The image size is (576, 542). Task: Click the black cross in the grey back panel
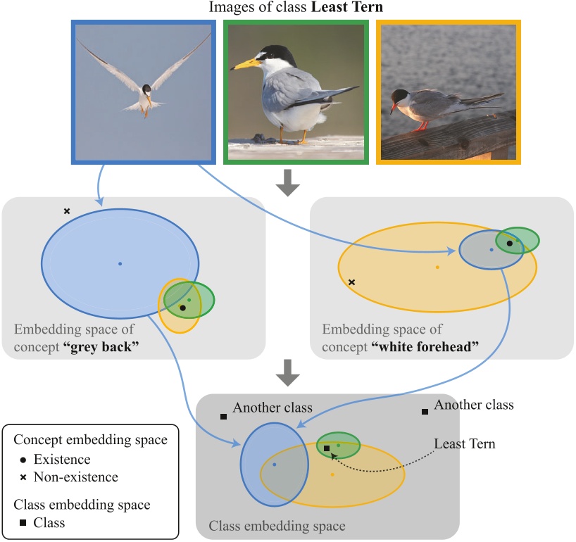click(x=67, y=211)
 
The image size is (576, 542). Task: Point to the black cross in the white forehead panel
click(x=352, y=282)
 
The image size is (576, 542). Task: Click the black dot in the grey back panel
click(x=183, y=308)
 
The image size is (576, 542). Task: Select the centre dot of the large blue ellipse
click(x=120, y=263)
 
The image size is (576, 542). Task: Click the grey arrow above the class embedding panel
click(x=287, y=374)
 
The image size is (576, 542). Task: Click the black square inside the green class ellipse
click(x=327, y=448)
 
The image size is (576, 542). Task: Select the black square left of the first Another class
click(x=223, y=417)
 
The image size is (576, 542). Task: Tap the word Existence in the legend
click(x=63, y=460)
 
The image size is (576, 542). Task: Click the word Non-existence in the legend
click(x=76, y=477)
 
